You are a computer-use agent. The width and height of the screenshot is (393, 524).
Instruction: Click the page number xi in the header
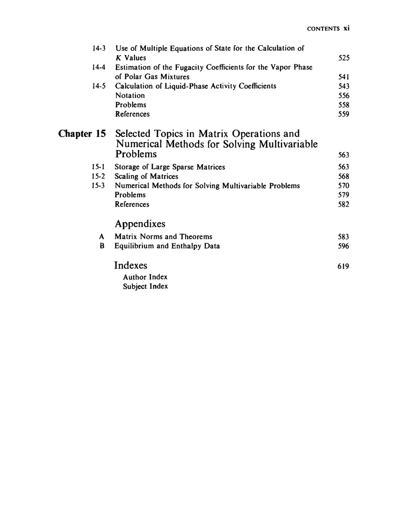point(346,28)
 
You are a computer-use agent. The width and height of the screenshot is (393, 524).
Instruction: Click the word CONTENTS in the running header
point(323,29)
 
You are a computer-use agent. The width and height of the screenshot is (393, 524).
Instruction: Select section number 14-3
point(99,48)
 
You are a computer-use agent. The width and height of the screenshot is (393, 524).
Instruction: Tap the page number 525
point(344,58)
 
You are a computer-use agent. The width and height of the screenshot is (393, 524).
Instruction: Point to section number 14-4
point(99,67)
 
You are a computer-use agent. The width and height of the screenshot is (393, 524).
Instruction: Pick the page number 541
point(344,77)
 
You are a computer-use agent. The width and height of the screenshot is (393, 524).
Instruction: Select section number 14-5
point(99,86)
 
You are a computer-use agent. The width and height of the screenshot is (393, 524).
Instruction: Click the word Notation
point(130,96)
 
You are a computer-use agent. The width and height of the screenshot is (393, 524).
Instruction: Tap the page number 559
point(344,114)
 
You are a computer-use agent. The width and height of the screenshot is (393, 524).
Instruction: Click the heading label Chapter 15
point(82,134)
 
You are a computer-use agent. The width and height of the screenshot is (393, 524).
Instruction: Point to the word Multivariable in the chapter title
point(290,144)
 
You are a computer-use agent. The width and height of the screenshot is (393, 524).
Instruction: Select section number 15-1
point(98,167)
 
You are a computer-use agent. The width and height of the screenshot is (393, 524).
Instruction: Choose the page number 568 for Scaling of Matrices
point(344,177)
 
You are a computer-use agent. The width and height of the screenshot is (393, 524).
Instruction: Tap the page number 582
point(344,204)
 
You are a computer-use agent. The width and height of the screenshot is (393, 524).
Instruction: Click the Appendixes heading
point(140,224)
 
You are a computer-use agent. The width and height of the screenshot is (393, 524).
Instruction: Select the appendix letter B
point(102,246)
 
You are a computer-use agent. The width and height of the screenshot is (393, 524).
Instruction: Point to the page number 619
point(343,267)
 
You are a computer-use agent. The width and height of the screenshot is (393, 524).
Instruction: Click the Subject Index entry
point(145,287)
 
